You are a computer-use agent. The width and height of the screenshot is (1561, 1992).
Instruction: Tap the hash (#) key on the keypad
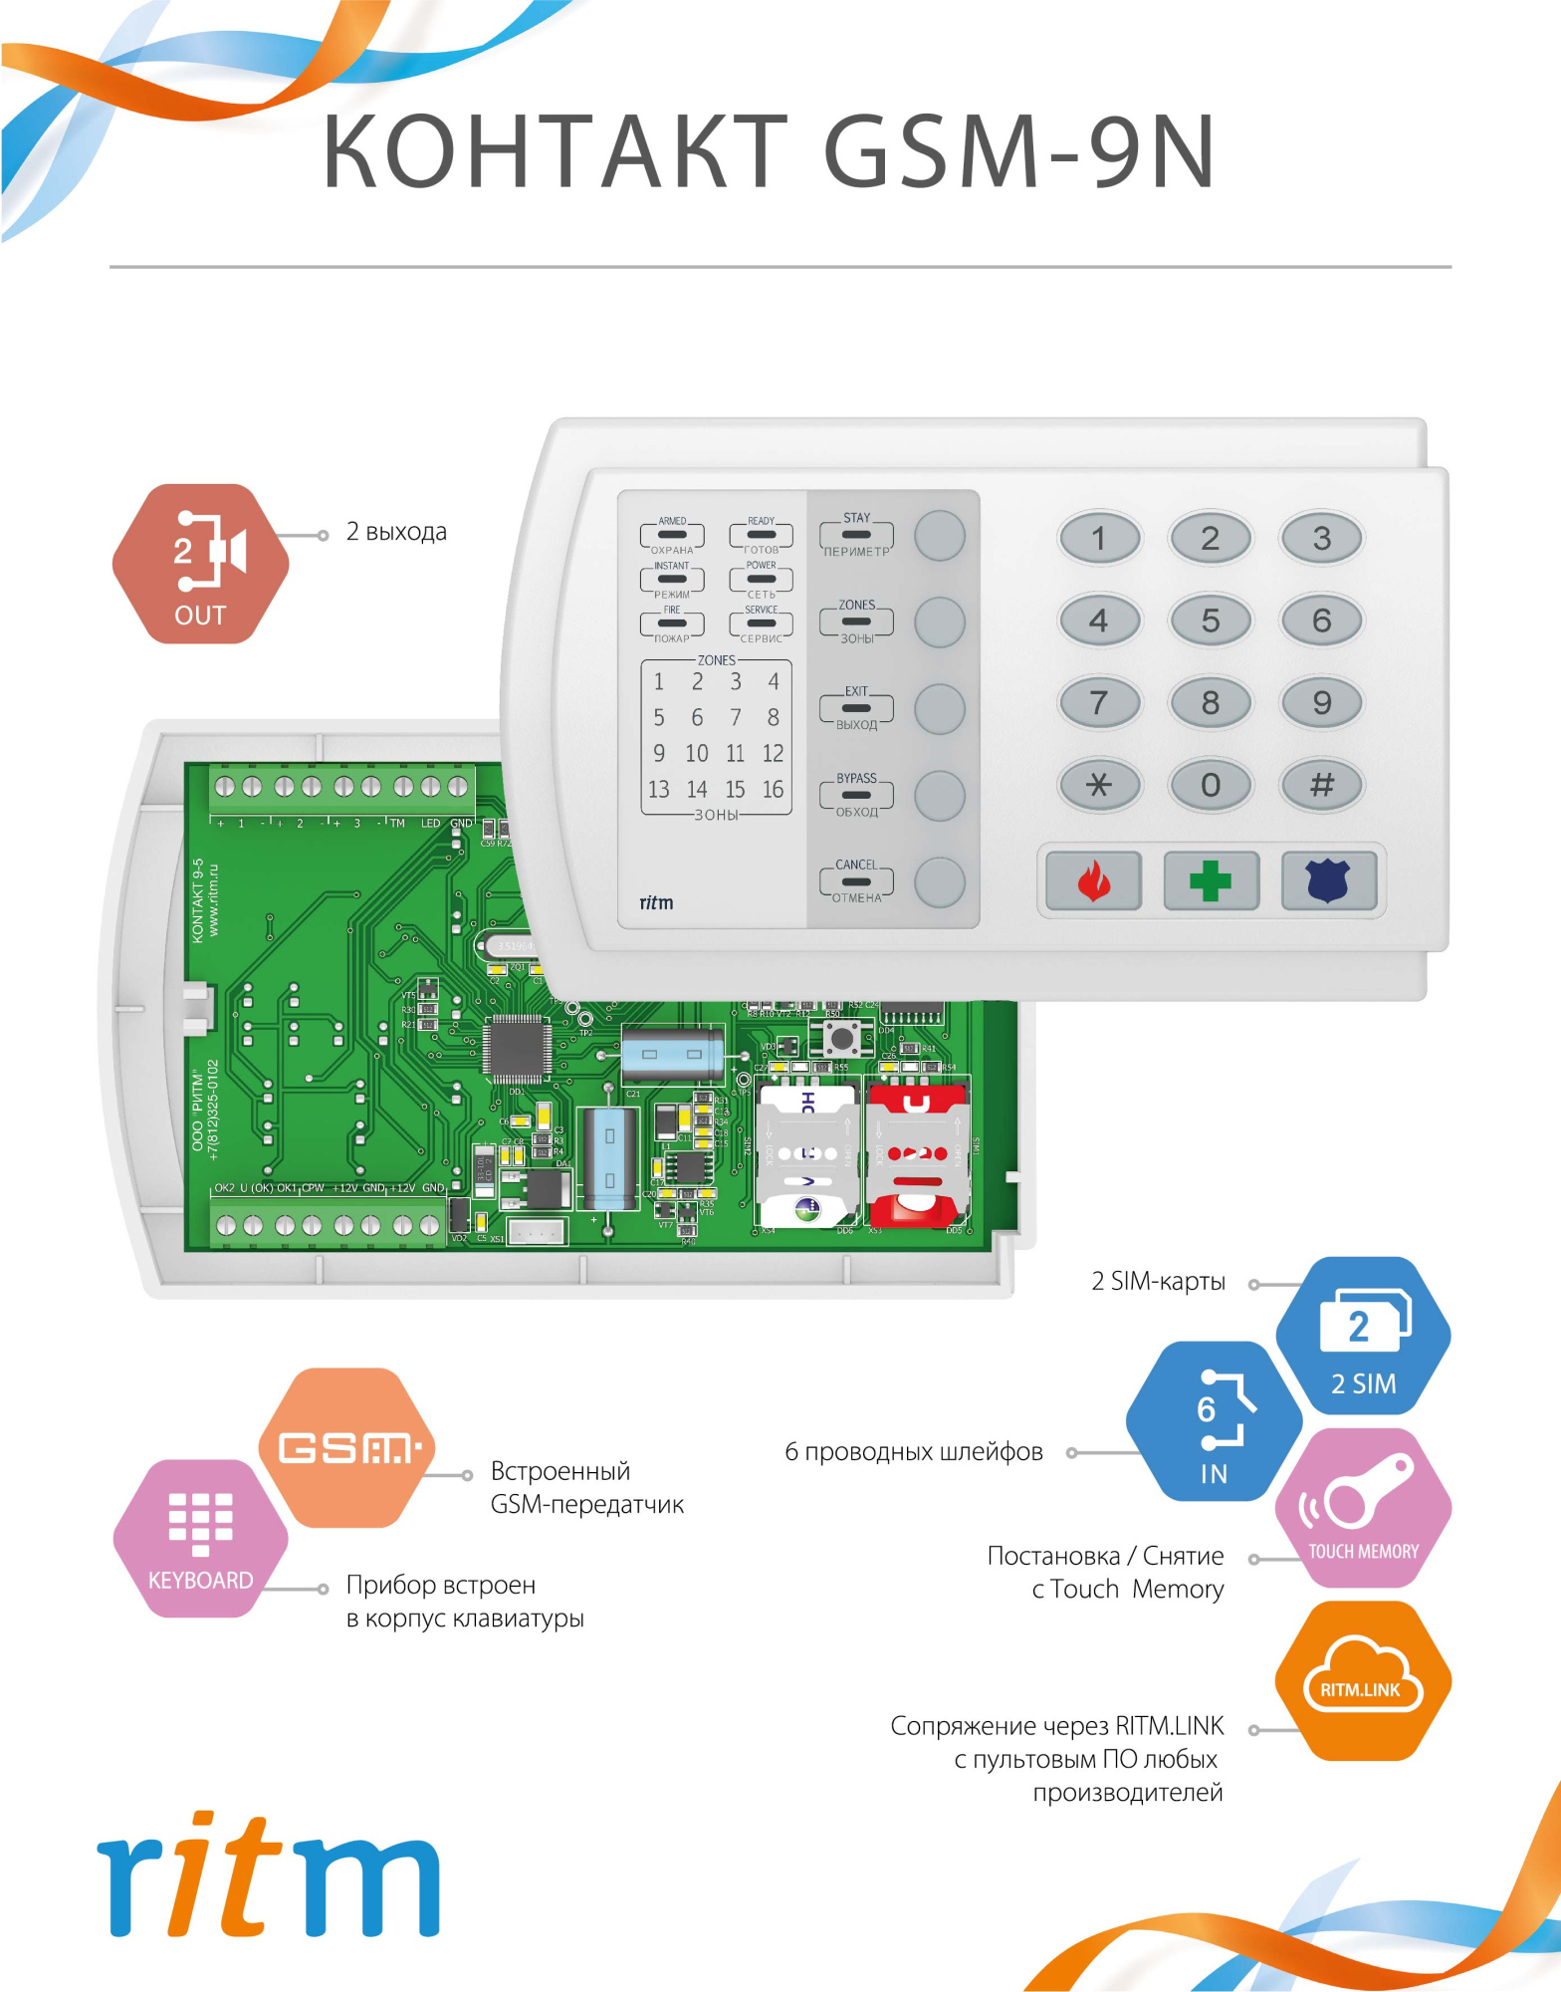(x=1321, y=785)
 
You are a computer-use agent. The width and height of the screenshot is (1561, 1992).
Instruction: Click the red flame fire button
(x=1093, y=880)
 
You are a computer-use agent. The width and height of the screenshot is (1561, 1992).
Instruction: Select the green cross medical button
(x=1211, y=880)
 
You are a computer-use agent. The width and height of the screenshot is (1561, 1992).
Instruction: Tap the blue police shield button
(x=1328, y=880)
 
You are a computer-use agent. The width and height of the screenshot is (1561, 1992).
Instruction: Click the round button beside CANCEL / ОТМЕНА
(x=939, y=882)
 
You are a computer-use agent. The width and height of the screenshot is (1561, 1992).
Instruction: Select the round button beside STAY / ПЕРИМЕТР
(x=939, y=536)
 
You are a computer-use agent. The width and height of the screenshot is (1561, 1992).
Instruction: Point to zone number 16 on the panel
(x=773, y=790)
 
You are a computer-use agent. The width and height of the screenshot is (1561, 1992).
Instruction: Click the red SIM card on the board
(x=917, y=1155)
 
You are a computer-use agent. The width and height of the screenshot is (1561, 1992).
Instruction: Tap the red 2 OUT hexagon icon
(x=200, y=564)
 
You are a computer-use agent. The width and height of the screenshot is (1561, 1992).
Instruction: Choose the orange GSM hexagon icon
(x=347, y=1447)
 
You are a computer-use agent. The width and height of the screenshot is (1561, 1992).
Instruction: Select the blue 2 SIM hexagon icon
(x=1363, y=1336)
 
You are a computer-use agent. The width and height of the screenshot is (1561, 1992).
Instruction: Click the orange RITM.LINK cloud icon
(x=1361, y=1681)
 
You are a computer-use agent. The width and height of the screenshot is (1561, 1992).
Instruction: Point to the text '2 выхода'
(x=396, y=532)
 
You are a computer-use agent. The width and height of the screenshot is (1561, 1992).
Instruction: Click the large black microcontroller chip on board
(x=517, y=1049)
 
